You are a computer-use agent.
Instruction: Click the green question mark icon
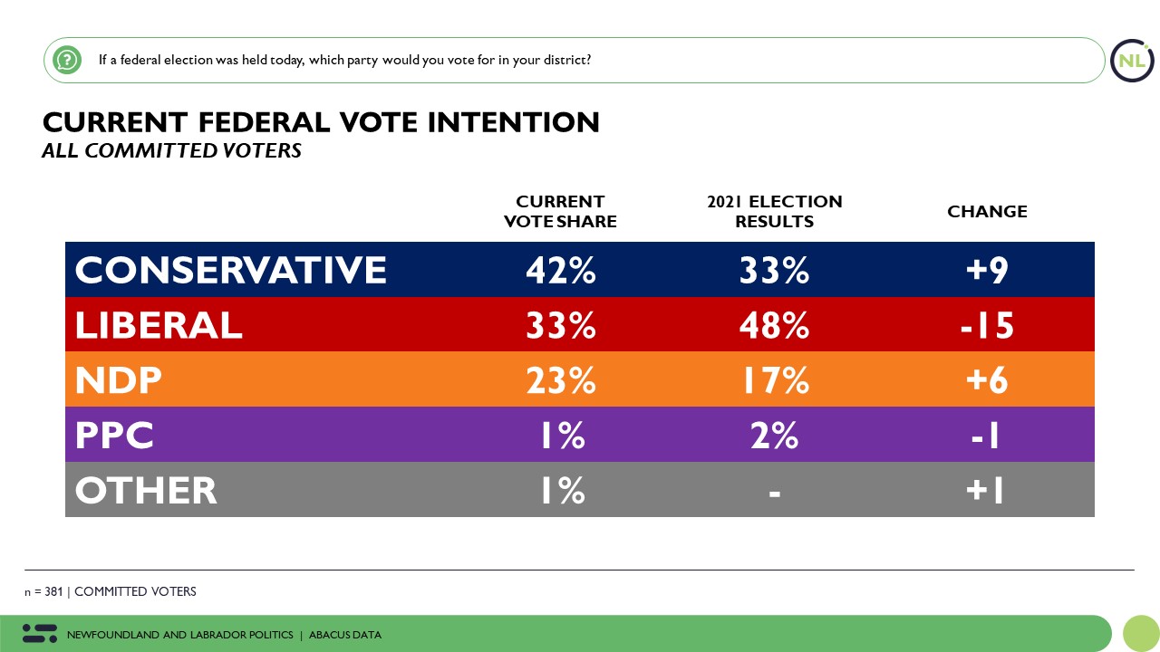(67, 61)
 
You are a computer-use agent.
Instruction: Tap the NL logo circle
(1132, 61)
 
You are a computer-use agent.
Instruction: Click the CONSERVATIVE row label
(230, 270)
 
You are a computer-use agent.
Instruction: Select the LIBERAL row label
(159, 325)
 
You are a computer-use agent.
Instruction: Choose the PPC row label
(114, 436)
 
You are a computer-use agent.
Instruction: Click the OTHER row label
(146, 491)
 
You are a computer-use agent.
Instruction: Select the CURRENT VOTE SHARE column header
(560, 211)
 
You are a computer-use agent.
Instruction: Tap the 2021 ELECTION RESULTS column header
(774, 211)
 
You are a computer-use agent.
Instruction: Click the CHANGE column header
(987, 211)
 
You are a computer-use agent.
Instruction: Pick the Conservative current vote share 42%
(560, 270)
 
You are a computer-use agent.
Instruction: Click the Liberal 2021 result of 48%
(774, 325)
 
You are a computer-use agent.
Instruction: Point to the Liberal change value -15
(987, 325)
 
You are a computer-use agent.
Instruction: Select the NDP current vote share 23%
(560, 380)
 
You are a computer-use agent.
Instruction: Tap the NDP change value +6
(987, 380)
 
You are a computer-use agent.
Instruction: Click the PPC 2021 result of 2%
(774, 436)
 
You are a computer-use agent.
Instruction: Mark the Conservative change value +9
(987, 270)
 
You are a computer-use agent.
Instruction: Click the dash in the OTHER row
(774, 492)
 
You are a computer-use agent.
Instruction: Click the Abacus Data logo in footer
(39, 634)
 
